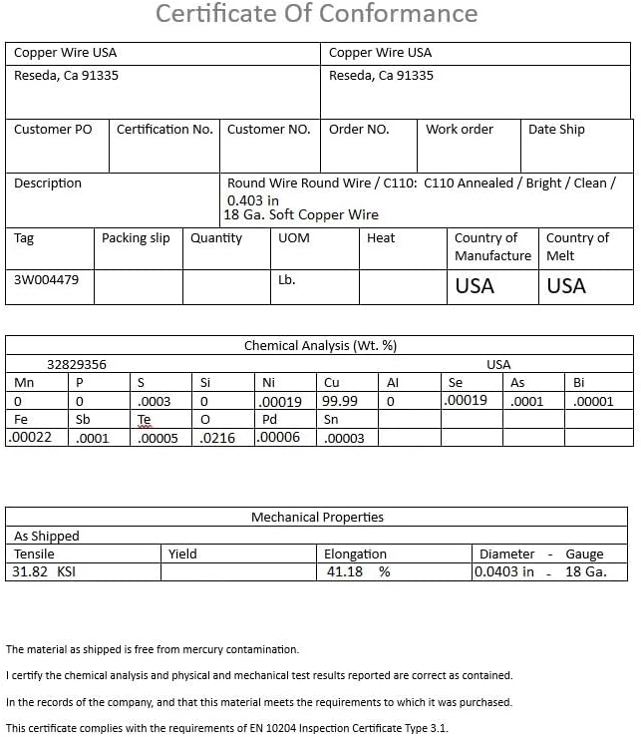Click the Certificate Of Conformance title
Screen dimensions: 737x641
(x=317, y=15)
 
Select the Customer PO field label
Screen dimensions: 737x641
(x=53, y=130)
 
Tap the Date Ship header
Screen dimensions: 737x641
(x=556, y=130)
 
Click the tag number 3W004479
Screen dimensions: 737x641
(x=46, y=280)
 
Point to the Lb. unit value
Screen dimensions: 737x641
(x=287, y=280)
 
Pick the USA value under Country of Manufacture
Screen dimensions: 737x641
(x=475, y=286)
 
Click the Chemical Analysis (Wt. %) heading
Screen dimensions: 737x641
(x=320, y=346)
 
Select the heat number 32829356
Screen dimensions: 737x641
(x=77, y=365)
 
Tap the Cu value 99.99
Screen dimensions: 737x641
(x=341, y=401)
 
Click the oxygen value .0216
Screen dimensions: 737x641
(x=217, y=438)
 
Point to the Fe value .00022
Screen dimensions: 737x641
(x=29, y=437)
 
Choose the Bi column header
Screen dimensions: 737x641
(x=579, y=383)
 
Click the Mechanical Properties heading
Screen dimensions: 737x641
(x=317, y=518)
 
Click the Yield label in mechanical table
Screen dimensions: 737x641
(x=182, y=554)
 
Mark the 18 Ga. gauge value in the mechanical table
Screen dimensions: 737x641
(x=584, y=572)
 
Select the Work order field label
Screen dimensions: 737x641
(x=460, y=130)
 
